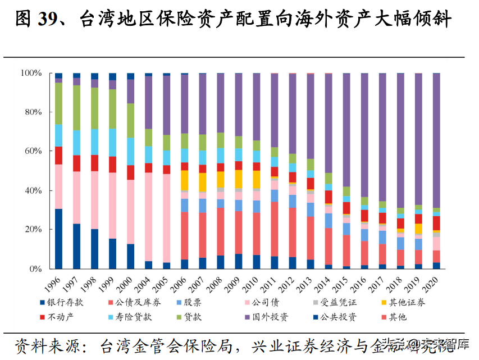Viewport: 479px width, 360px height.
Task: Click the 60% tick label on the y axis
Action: pos(31,151)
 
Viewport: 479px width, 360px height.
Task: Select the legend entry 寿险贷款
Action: pos(135,317)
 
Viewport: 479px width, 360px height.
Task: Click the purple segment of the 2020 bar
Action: pos(436,140)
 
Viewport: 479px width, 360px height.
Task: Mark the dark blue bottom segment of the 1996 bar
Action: pos(58,239)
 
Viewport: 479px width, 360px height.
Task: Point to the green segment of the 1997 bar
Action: pos(76,107)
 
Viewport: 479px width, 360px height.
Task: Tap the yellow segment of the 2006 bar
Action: pos(184,180)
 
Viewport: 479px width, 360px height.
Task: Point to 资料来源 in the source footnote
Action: pos(43,345)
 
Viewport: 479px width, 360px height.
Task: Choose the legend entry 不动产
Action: pos(62,317)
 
